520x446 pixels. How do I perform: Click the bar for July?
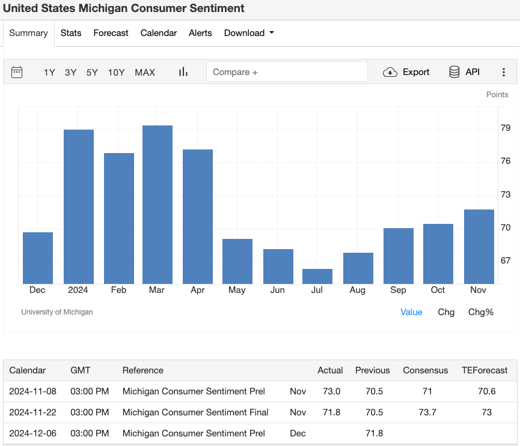(x=317, y=276)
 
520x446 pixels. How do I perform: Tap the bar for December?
(x=38, y=258)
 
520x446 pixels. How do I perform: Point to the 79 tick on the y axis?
(x=506, y=128)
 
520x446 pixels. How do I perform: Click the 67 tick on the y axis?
(x=506, y=261)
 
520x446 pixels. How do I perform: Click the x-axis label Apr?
(x=197, y=290)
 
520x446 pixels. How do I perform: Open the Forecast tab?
(x=111, y=33)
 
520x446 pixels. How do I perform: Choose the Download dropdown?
(x=248, y=33)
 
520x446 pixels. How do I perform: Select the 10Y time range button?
(x=116, y=72)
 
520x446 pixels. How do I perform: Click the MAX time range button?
(x=145, y=72)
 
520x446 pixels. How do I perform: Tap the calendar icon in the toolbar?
(x=17, y=72)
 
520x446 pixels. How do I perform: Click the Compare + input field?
(x=287, y=72)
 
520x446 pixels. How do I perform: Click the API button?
(x=465, y=72)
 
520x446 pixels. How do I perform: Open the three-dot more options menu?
(x=504, y=72)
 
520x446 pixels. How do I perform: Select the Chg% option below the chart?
(x=480, y=312)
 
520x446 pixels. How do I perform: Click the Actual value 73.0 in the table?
(x=330, y=391)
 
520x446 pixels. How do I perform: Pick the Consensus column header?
(x=425, y=370)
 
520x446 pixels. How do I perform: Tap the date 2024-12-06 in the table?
(x=32, y=433)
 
